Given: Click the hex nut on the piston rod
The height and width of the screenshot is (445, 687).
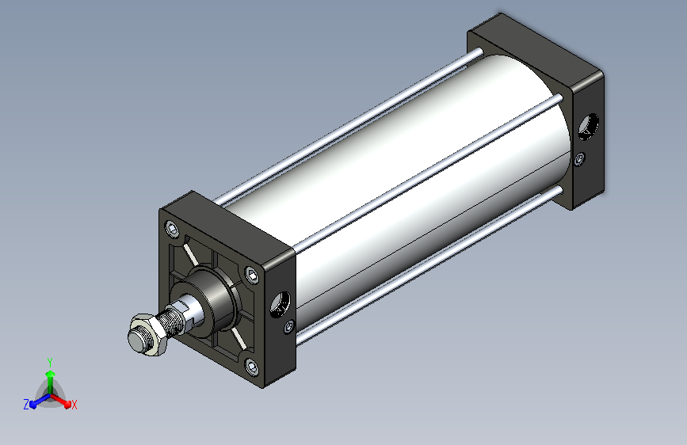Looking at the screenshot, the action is coord(149,334).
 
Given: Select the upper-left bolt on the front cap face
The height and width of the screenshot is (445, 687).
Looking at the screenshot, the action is coord(171,229).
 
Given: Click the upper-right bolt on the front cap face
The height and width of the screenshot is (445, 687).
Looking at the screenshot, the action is coord(251,275).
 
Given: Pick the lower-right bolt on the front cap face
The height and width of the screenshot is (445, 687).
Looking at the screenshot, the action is coord(251,366).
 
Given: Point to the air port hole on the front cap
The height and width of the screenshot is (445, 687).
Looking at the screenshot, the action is coord(280,304).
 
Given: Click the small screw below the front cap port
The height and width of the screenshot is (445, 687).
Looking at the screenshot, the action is coord(289,326).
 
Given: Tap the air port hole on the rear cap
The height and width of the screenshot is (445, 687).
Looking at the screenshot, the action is coord(588,127).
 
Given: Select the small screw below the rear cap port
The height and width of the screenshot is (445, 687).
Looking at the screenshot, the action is coord(580,158).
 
